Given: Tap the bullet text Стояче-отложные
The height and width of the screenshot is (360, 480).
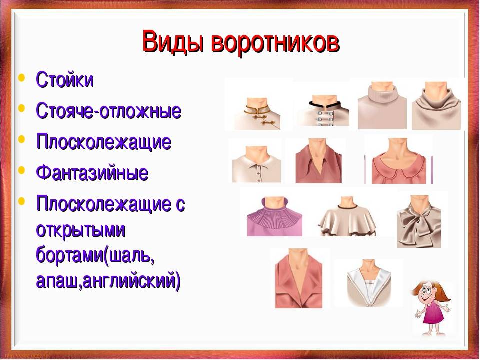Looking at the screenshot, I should coord(108,111).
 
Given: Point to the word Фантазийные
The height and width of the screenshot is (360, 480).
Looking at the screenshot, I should coord(92,174).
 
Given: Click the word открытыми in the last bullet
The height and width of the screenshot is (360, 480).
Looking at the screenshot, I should coord(81,230).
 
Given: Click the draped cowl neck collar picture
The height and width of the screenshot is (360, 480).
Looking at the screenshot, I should coord(436,105).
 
